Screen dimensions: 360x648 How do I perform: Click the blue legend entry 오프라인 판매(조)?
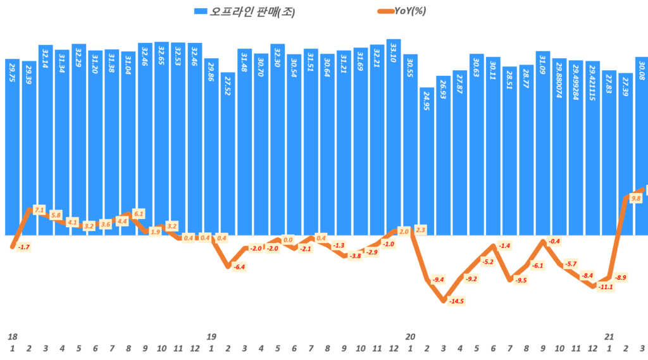coord(244,11)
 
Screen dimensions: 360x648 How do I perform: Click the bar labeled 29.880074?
coord(559,146)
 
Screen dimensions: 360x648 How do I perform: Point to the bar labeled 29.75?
coord(12,146)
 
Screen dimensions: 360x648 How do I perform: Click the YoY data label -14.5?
coord(456,301)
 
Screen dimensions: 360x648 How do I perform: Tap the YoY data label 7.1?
coord(39,209)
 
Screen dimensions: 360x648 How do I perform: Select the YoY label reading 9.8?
coord(636,198)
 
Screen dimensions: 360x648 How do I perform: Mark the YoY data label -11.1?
coord(606,287)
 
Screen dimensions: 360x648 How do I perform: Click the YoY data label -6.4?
coord(239,267)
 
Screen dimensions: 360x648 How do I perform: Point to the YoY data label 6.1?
coord(139,213)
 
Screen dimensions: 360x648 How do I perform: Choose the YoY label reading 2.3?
coord(421,230)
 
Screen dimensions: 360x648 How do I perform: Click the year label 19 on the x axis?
coord(211,336)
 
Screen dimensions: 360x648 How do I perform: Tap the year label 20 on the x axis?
coord(410,336)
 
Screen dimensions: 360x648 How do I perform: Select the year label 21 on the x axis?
coord(609,336)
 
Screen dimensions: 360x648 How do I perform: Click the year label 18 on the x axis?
coord(12,336)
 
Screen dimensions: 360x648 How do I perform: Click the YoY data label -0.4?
coord(554,241)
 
